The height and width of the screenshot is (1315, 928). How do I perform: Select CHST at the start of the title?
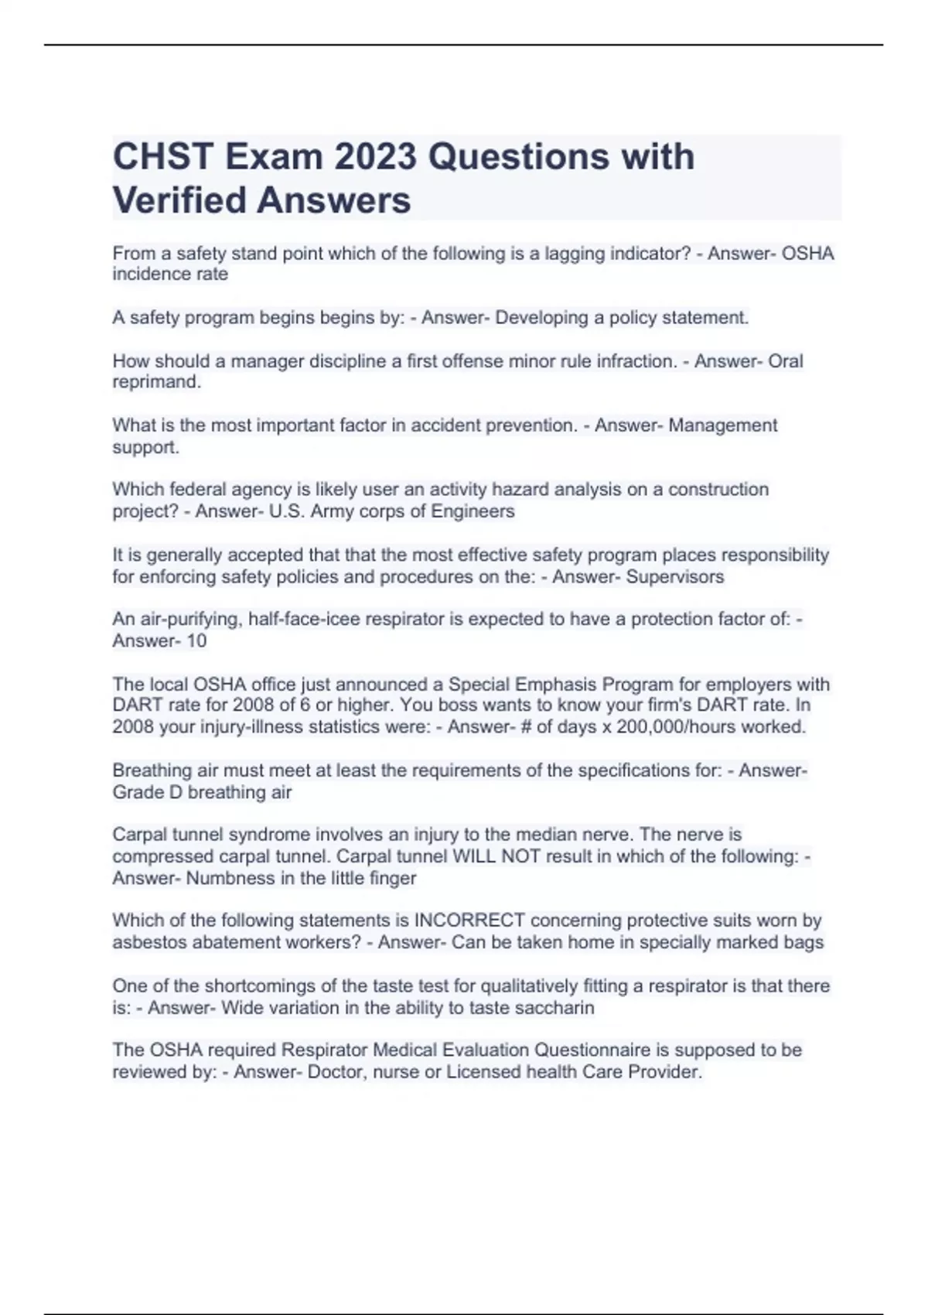[163, 157]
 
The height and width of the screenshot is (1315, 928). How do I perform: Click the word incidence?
[147, 274]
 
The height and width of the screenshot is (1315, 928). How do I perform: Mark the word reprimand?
[155, 382]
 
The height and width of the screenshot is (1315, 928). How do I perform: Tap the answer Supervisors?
[674, 576]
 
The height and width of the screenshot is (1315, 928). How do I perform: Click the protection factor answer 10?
[196, 640]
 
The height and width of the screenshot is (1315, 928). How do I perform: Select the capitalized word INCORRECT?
[469, 920]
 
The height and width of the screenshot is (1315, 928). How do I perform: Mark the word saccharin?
[555, 1008]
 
